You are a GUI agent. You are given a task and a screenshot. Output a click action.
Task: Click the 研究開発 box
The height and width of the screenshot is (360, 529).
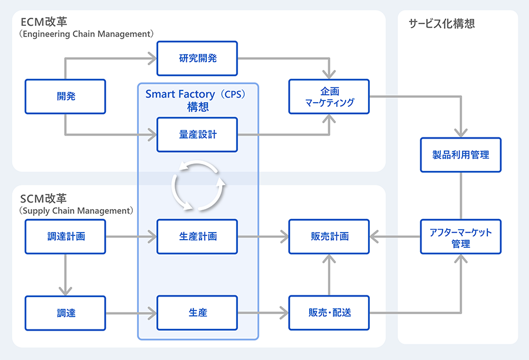[197, 58]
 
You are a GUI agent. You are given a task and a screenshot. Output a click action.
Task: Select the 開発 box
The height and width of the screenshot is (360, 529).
[65, 96]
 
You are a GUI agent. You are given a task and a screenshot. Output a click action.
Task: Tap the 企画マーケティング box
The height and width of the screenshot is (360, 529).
[329, 96]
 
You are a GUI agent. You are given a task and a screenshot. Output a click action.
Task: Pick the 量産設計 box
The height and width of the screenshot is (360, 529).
[197, 134]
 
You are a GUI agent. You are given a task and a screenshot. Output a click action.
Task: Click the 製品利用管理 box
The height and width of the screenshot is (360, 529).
[461, 155]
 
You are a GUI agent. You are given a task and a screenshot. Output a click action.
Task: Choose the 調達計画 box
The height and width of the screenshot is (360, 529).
[65, 236]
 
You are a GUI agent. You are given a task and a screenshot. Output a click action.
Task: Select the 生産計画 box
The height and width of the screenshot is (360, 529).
[197, 236]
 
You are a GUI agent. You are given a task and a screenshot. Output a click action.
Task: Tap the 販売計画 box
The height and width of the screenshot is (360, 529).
[329, 236]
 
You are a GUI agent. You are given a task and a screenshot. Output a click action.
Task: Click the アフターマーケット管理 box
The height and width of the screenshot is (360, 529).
[461, 237]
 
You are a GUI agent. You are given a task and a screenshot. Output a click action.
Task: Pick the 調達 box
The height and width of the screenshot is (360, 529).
[65, 313]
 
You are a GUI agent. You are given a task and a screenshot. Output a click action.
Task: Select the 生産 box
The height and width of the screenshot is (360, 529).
[197, 313]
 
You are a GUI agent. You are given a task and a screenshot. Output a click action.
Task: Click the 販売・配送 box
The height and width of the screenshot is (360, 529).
[329, 313]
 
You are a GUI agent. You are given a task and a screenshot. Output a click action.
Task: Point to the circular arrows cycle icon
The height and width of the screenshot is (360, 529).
[198, 186]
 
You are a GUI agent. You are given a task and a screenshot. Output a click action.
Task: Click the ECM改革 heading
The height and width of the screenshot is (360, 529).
[43, 22]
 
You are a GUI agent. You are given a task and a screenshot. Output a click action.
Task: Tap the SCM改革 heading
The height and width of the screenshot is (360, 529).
[43, 198]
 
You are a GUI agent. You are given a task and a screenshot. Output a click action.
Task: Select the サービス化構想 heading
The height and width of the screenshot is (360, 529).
[441, 24]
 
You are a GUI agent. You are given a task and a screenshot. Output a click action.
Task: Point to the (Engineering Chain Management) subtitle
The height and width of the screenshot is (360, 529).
[86, 35]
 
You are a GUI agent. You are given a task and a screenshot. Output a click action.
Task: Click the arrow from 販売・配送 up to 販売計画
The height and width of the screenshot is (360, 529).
[329, 275]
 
